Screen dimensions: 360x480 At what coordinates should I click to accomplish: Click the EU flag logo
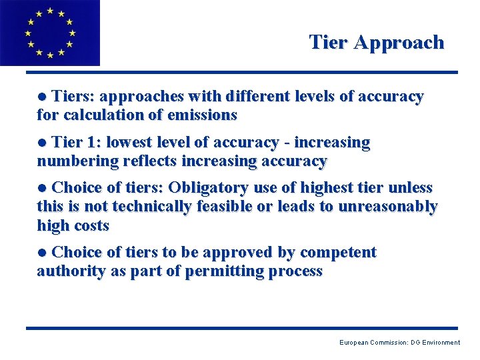[x=50, y=33]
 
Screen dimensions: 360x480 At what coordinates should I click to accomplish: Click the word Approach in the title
[x=399, y=43]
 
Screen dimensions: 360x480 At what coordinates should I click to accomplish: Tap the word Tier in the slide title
[x=329, y=43]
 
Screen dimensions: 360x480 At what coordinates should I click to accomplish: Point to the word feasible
[x=224, y=207]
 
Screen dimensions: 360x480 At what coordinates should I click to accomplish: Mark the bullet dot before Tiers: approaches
[x=43, y=97]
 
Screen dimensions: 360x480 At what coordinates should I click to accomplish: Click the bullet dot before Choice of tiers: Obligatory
[x=43, y=189]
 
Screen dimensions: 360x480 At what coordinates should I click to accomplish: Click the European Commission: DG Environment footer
[x=399, y=343]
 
